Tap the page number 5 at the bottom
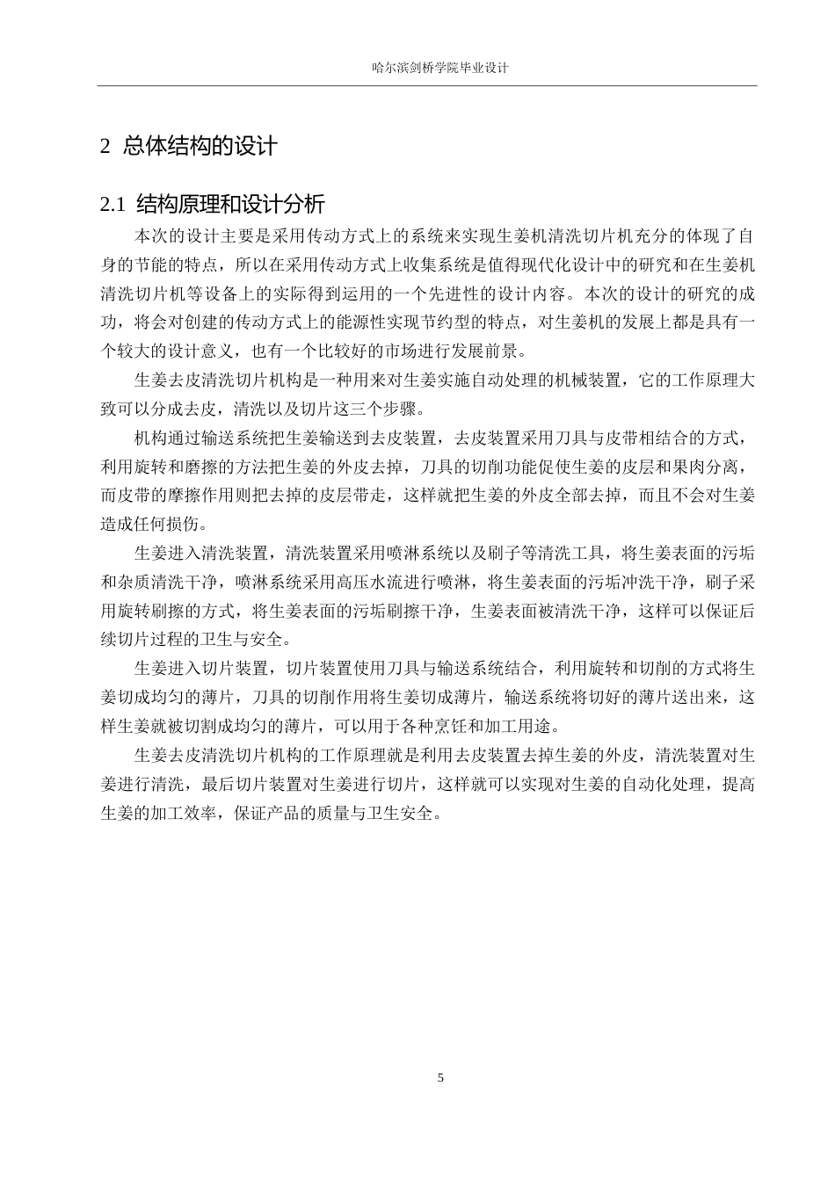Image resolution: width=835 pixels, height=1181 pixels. coord(440,1077)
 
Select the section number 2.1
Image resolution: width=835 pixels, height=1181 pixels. coord(114,206)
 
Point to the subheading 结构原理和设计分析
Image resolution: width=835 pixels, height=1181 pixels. coord(231,206)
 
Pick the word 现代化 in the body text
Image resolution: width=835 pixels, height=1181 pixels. coord(546,264)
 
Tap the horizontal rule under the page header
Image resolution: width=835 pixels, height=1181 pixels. coord(427,86)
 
